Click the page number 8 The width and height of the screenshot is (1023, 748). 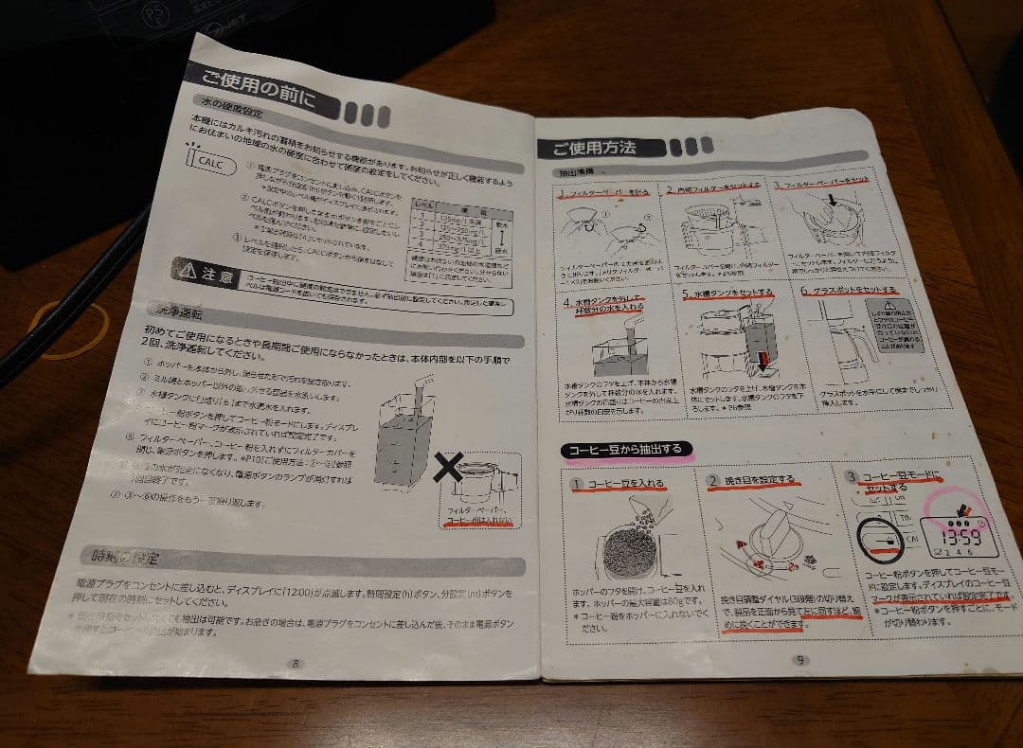click(296, 663)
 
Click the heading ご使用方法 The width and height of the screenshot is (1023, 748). click(595, 148)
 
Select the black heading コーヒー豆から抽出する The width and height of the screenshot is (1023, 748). click(625, 450)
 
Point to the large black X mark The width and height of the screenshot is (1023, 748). click(449, 466)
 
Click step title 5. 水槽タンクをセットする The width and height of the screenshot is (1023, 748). click(727, 294)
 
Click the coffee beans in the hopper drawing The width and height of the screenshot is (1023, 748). click(625, 549)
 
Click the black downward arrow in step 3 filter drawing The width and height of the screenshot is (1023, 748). click(833, 200)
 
